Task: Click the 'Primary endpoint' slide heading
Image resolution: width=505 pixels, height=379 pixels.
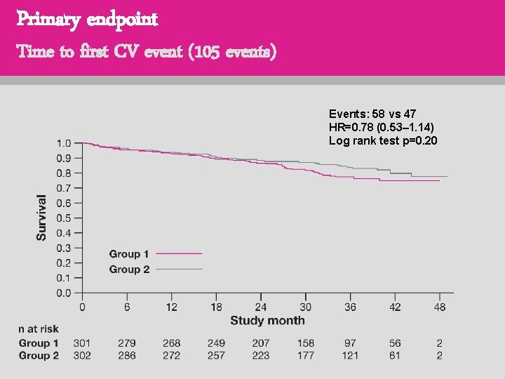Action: click(88, 19)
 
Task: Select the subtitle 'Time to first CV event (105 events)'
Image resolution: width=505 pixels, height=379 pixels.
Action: click(147, 51)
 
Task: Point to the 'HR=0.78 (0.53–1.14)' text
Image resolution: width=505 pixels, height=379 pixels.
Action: click(381, 127)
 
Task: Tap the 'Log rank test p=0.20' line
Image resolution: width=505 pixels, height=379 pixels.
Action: click(383, 140)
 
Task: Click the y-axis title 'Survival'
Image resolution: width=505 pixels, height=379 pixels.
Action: click(42, 218)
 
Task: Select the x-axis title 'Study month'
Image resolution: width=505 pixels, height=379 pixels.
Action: click(267, 320)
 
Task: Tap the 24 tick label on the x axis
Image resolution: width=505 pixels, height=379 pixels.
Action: click(261, 307)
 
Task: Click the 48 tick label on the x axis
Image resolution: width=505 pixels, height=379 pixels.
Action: click(439, 307)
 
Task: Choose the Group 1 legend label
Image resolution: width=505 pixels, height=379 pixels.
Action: click(129, 254)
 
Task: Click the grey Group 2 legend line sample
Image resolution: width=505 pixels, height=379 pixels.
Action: click(179, 269)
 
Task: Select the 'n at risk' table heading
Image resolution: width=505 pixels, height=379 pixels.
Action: click(39, 328)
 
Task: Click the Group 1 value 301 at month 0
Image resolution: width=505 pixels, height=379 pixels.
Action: click(82, 343)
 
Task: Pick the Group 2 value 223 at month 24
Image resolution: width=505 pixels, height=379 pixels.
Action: click(260, 356)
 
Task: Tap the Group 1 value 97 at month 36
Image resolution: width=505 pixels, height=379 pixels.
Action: click(350, 343)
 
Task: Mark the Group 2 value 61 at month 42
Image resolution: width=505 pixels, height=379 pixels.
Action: click(394, 356)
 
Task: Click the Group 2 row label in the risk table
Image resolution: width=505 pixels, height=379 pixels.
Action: click(39, 356)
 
